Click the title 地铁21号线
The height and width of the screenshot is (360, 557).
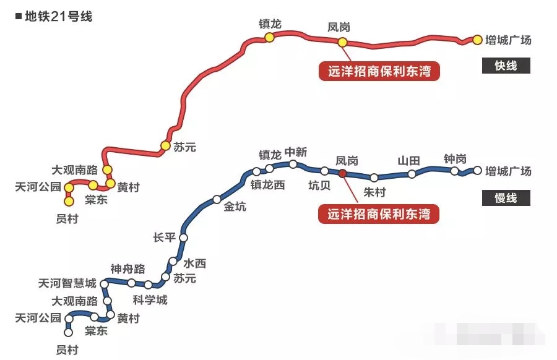coord(58,16)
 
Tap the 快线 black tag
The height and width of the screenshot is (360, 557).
coord(506,66)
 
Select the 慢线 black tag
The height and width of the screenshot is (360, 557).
coord(506,198)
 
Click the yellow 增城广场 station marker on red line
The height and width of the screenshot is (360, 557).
coord(477,40)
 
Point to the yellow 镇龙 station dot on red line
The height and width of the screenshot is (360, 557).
coord(269,38)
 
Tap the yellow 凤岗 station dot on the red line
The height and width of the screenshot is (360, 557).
coord(342,42)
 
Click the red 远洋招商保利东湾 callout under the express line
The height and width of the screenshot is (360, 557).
coord(379,72)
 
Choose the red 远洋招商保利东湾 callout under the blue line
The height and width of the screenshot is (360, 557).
coord(379,214)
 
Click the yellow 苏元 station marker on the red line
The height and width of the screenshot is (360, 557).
coord(165,146)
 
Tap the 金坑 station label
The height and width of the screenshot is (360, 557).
coord(235,207)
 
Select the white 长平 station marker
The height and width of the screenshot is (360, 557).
coord(183,238)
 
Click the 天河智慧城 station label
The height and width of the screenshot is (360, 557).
coord(67,283)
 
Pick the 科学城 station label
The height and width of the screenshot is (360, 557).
coord(150,301)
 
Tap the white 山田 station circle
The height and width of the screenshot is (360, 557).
coord(412,174)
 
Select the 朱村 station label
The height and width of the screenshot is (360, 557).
coord(374,192)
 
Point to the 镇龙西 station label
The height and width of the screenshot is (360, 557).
coord(268,184)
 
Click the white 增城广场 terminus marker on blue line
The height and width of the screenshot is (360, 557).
coord(477,169)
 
